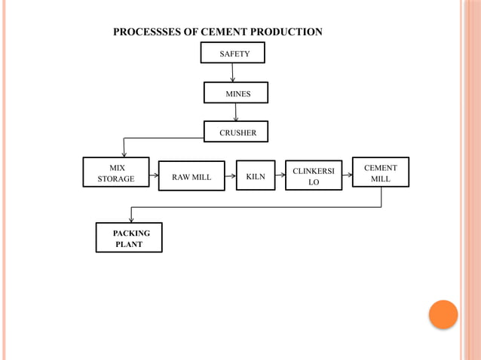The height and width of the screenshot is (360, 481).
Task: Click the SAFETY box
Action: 234,53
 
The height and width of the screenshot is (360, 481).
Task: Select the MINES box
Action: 236,93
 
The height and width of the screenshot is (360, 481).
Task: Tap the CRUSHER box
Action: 236,132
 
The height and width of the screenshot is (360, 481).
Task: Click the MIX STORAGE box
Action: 116,172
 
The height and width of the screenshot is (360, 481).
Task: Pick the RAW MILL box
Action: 191,176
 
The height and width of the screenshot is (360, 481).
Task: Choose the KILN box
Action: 256,175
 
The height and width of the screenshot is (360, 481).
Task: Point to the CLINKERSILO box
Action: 314,175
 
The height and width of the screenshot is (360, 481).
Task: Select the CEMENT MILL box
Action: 381,172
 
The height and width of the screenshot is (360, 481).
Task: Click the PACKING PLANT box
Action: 129,238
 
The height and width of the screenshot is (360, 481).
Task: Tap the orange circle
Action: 443,315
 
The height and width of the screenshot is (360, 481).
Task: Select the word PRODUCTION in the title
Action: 290,32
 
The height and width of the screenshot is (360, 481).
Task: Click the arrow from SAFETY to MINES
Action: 233,73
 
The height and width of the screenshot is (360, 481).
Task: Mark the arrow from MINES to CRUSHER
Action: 236,111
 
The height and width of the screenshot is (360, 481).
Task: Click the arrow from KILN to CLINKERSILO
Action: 280,175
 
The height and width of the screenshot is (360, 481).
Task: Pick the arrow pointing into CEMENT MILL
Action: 348,174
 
